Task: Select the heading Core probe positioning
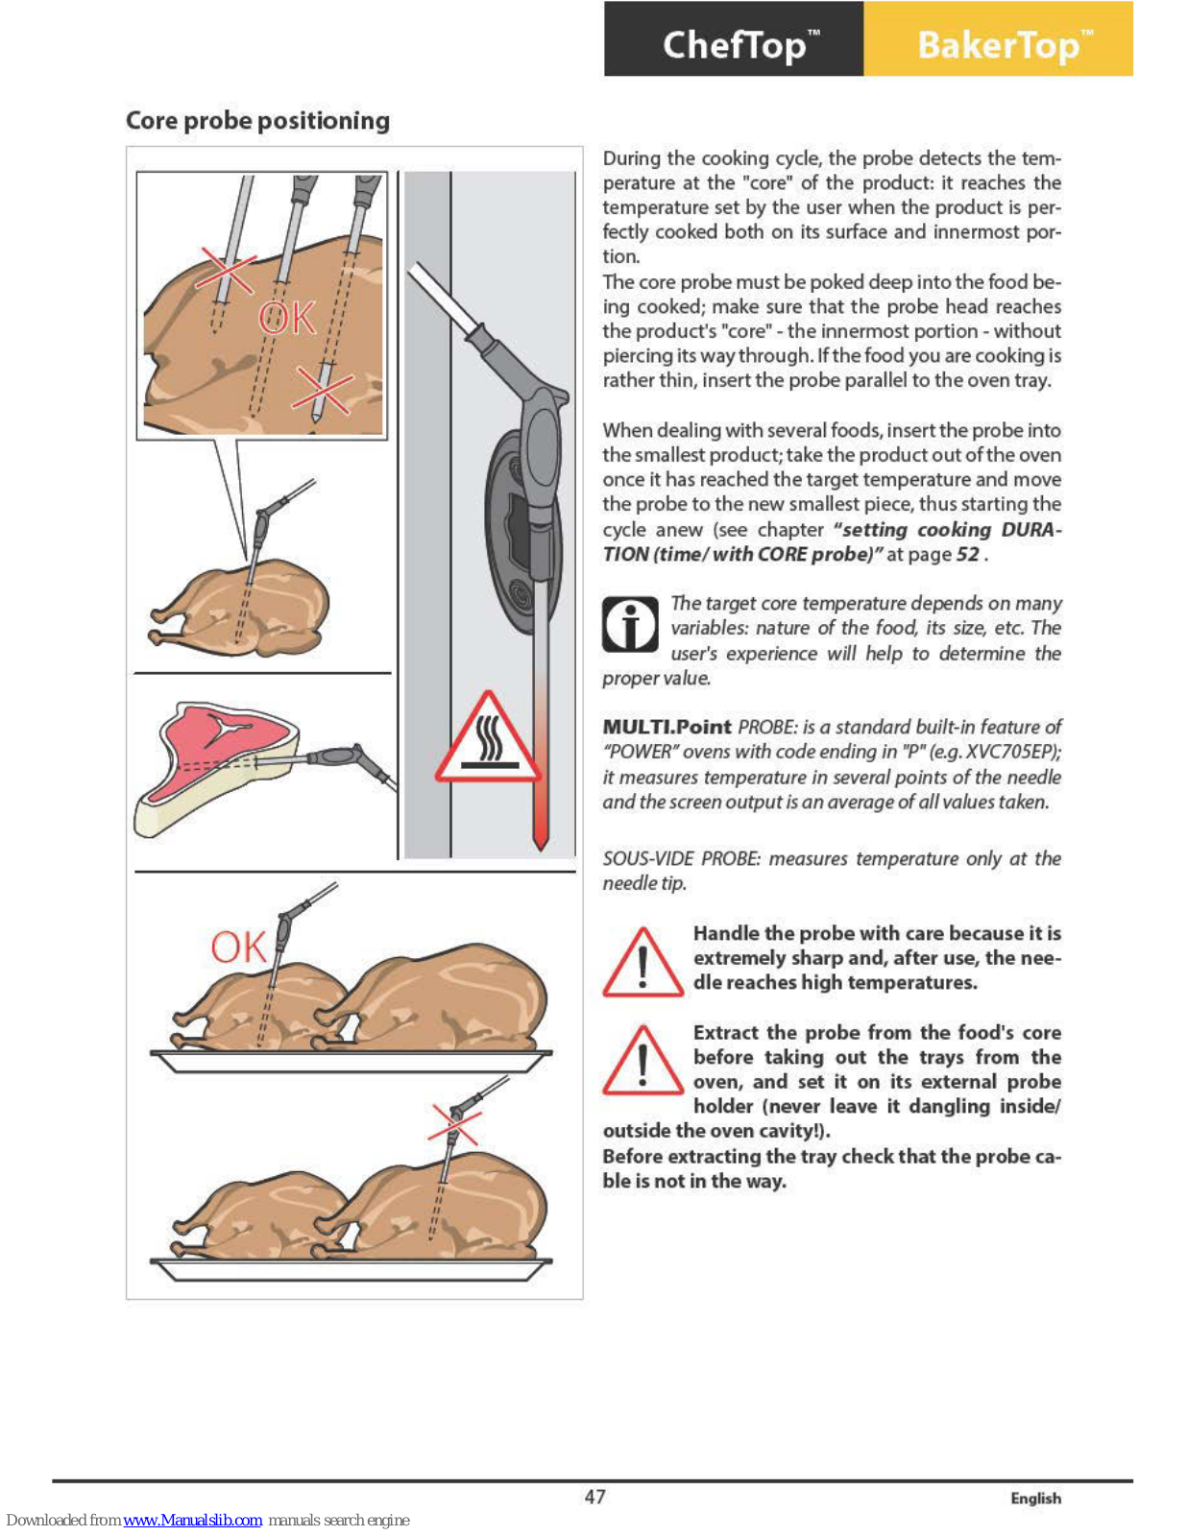(257, 120)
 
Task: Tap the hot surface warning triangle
(488, 739)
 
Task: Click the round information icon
(630, 625)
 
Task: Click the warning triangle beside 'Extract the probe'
(642, 1062)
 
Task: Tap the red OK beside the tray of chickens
(237, 948)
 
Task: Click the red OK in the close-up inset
(286, 318)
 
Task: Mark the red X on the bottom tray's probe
(453, 1124)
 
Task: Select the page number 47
(594, 1497)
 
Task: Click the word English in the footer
(1035, 1499)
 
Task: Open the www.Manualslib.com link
(192, 1520)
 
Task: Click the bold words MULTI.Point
(667, 727)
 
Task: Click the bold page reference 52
(967, 554)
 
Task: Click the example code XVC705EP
(1010, 752)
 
